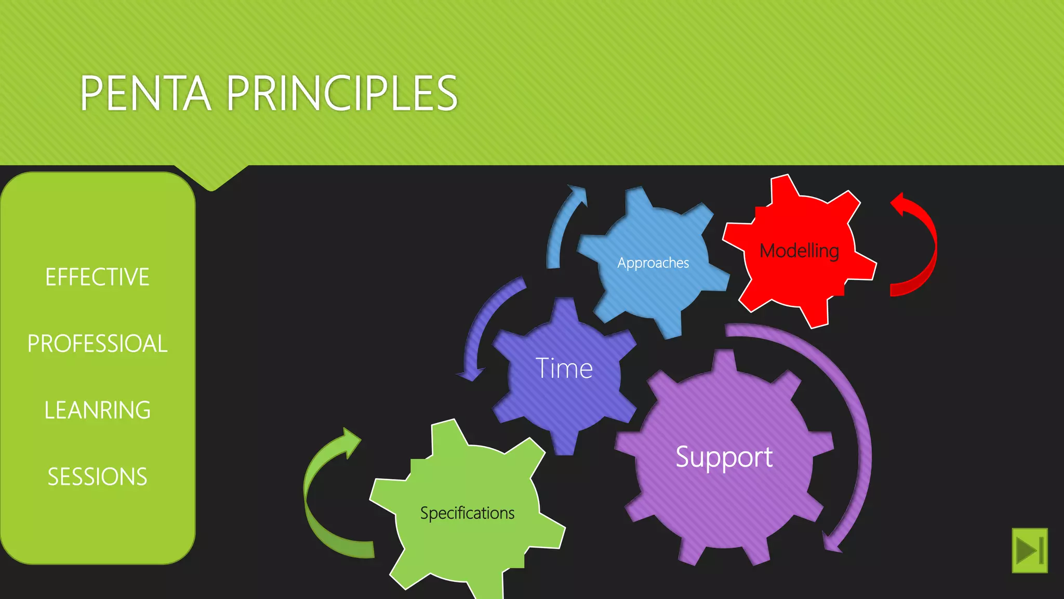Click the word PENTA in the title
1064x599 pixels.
point(145,93)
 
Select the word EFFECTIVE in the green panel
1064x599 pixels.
point(97,277)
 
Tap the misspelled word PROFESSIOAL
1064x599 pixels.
point(97,343)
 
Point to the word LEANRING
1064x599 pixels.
point(97,410)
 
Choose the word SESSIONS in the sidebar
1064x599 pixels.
point(97,476)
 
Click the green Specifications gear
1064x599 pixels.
point(468,546)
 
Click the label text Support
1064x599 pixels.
point(724,457)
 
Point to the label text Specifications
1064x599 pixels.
point(468,513)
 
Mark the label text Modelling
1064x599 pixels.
point(800,251)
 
